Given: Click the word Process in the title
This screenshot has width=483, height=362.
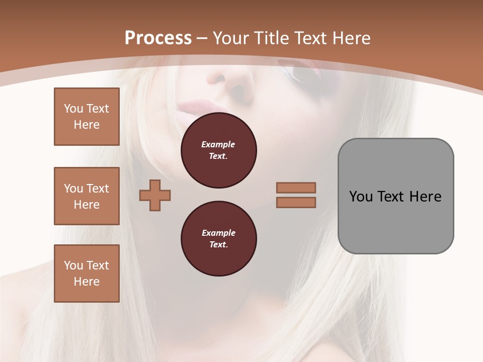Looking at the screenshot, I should pyautogui.click(x=158, y=38).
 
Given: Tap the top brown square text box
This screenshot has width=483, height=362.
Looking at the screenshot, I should pyautogui.click(x=87, y=117).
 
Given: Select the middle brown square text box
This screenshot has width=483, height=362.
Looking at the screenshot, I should pyautogui.click(x=87, y=196).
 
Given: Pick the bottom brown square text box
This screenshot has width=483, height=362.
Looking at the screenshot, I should pyautogui.click(x=87, y=274).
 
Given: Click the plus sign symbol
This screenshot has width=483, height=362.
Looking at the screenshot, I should pyautogui.click(x=155, y=195).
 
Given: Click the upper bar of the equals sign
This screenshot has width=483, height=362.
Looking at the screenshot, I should pyautogui.click(x=296, y=188).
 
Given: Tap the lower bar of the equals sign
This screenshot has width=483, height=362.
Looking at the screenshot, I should pyautogui.click(x=296, y=203).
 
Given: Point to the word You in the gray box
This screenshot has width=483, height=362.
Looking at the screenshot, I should pyautogui.click(x=361, y=197).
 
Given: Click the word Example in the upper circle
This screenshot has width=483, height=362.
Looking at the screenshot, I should pyautogui.click(x=218, y=144).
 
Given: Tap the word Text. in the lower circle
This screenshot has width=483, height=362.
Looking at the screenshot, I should pyautogui.click(x=218, y=244).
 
